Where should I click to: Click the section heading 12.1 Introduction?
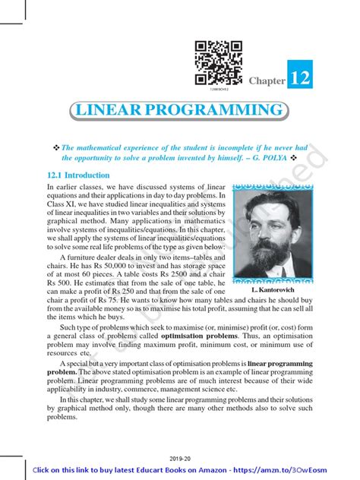78,175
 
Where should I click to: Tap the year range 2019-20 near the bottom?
180,459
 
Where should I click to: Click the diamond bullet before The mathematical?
55,148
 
